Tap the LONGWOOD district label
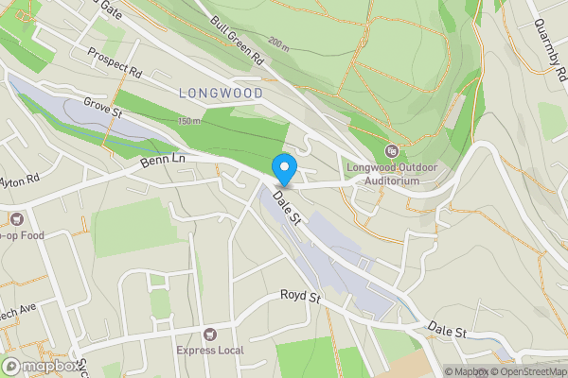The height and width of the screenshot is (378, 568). pyautogui.click(x=220, y=93)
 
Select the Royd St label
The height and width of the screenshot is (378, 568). pyautogui.click(x=301, y=297)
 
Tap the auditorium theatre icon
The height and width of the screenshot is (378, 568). pyautogui.click(x=392, y=150)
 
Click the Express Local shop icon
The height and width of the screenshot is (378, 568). pyautogui.click(x=209, y=334)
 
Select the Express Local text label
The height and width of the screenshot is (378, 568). pyautogui.click(x=209, y=351)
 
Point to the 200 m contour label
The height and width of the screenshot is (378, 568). pyautogui.click(x=277, y=44)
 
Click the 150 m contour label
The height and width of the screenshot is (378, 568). pyautogui.click(x=190, y=121)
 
